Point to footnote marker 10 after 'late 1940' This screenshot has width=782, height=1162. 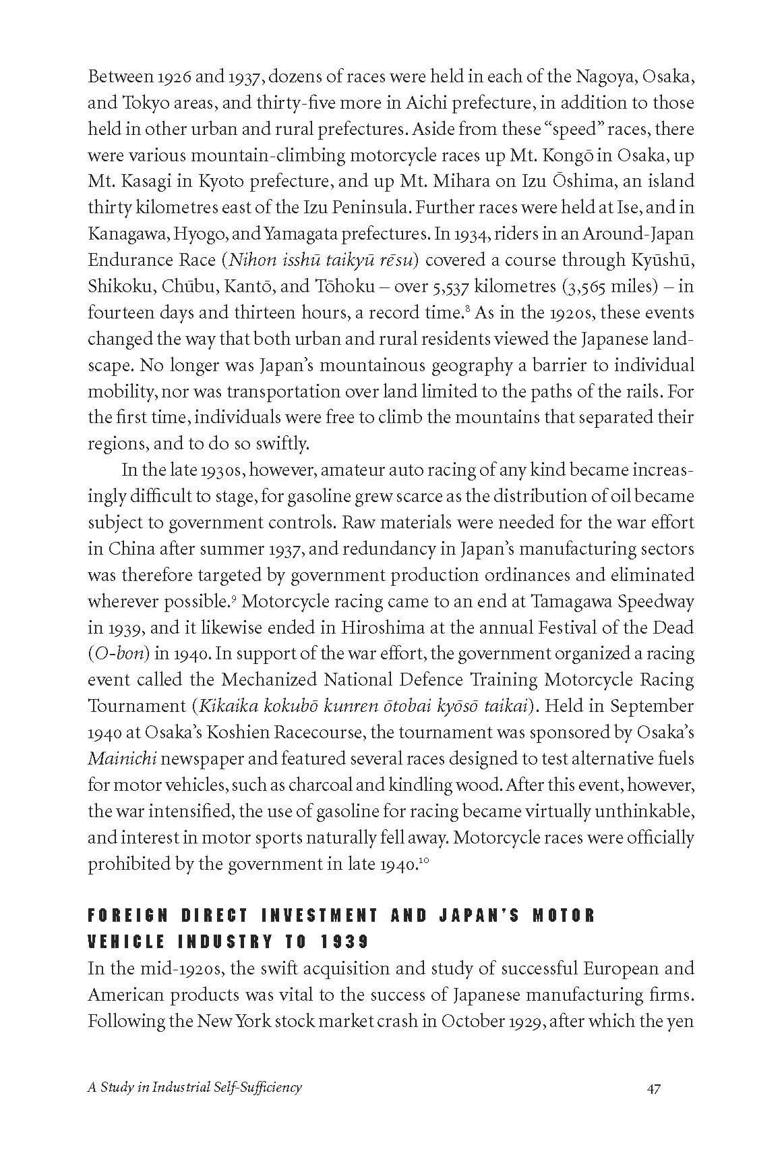pyautogui.click(x=424, y=859)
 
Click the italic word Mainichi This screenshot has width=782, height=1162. pyautogui.click(x=122, y=759)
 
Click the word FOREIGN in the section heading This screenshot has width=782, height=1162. pyautogui.click(x=128, y=916)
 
